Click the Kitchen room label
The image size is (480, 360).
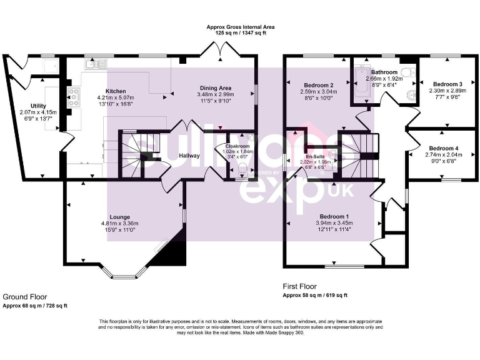(x=116, y=91)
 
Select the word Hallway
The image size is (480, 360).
(x=189, y=156)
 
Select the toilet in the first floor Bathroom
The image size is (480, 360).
(x=408, y=74)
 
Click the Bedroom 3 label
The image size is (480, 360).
(x=447, y=84)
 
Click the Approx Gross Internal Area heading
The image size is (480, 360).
(x=241, y=27)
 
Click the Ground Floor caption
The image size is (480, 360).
(x=24, y=297)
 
